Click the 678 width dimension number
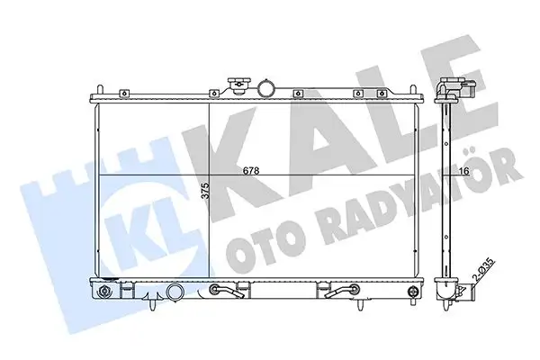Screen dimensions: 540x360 (251, 170)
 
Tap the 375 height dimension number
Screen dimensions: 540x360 (205, 190)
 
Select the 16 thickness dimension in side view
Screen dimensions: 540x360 (464, 170)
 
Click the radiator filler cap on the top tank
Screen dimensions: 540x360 (237, 85)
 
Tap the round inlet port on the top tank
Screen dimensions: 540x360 (266, 88)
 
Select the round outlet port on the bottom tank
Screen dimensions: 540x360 (175, 292)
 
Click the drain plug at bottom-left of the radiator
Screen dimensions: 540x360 (103, 291)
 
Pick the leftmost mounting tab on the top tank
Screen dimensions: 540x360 (124, 94)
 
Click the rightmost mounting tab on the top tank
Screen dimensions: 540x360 (381, 94)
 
